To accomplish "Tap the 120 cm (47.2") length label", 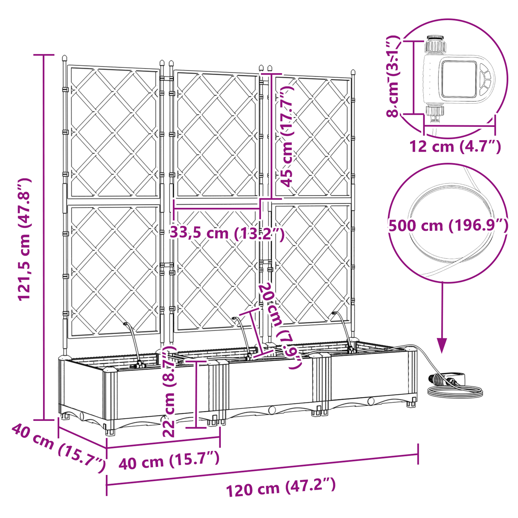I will pyautogui.click(x=280, y=487).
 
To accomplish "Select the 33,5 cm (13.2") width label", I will pyautogui.click(x=227, y=233).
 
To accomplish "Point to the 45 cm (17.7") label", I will pyautogui.click(x=287, y=137).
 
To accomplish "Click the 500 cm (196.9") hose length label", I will pyautogui.click(x=448, y=225).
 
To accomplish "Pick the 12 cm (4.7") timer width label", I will pyautogui.click(x=455, y=146).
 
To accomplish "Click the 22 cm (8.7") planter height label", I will pyautogui.click(x=169, y=391).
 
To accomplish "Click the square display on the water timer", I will pyautogui.click(x=458, y=79).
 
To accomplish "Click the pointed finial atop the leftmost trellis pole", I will pyautogui.click(x=65, y=58).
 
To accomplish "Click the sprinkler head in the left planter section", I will pyautogui.click(x=126, y=324).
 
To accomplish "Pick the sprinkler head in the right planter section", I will pyautogui.click(x=334, y=313).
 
